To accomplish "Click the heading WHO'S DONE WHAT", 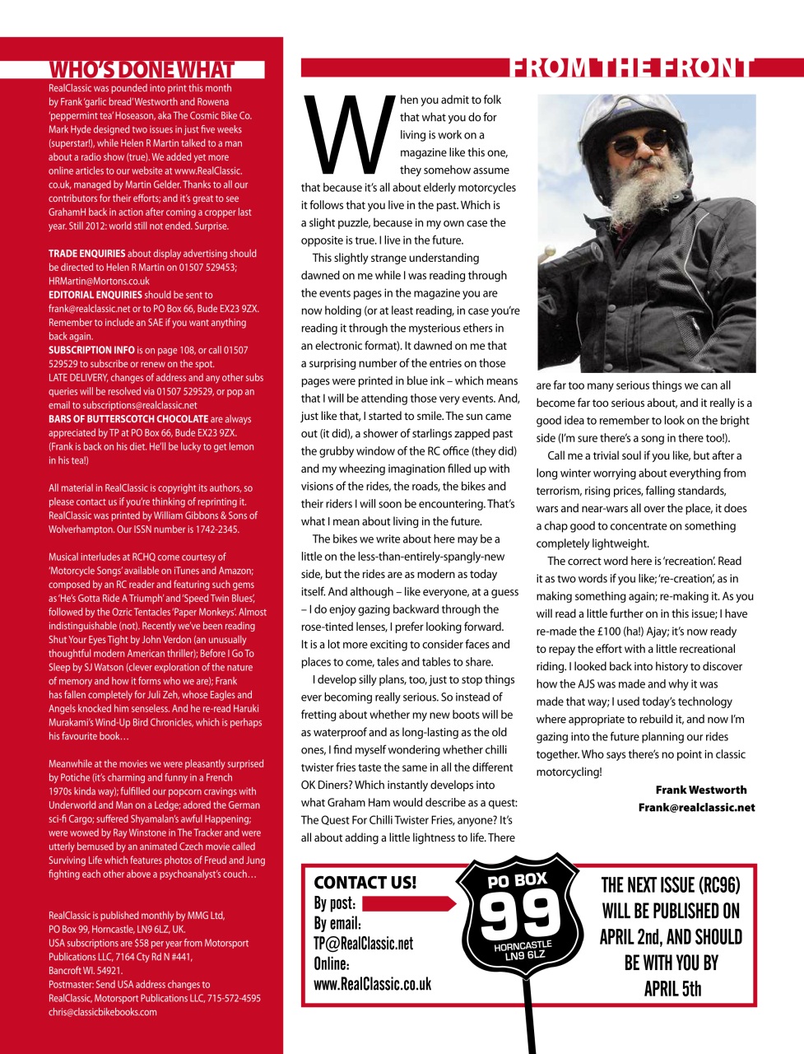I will (x=142, y=70).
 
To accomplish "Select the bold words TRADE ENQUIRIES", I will (x=87, y=254).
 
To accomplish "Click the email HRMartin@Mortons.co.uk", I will (x=99, y=281).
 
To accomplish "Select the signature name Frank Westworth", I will (x=700, y=790).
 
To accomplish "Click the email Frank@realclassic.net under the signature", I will (x=696, y=807).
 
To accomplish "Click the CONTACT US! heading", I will (x=365, y=882).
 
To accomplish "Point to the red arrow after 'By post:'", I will (x=409, y=903).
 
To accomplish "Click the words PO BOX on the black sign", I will (x=517, y=880).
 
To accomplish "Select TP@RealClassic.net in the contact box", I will (x=363, y=944).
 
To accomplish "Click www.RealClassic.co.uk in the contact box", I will (x=372, y=984).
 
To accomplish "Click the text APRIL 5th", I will (x=672, y=988).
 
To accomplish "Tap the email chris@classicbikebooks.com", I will (x=102, y=1012).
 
